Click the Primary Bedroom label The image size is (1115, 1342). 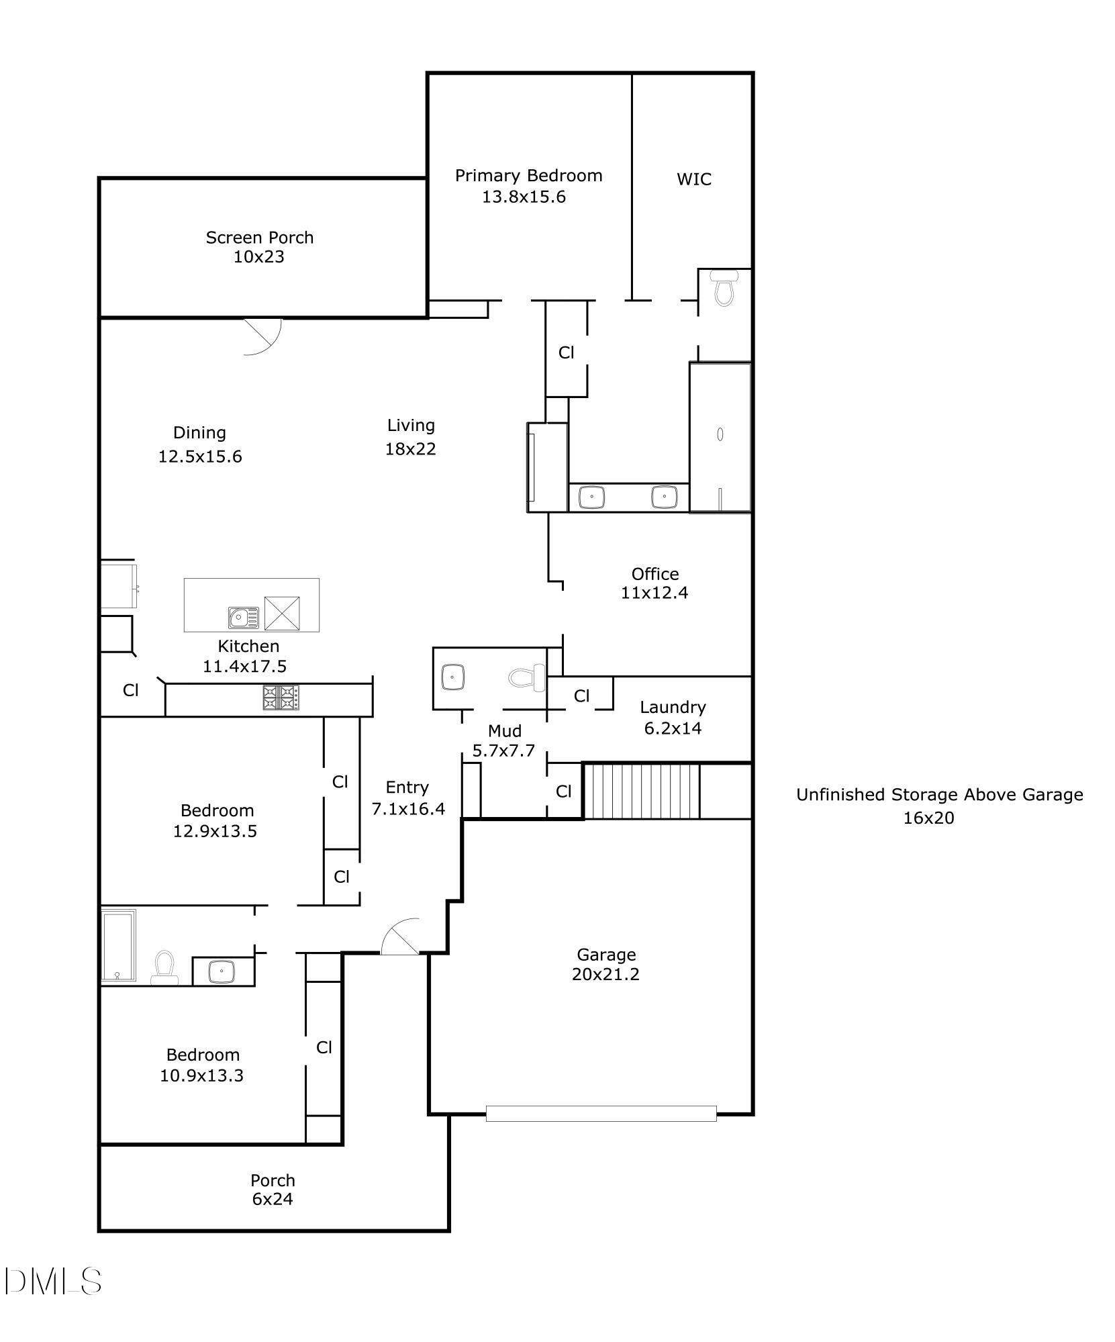(x=528, y=176)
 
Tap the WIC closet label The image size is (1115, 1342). (x=693, y=179)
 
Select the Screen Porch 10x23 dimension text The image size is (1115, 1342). (x=258, y=257)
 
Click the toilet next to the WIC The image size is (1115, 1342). (x=724, y=287)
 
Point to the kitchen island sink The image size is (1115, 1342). (x=243, y=617)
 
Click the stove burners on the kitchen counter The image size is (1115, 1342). (x=281, y=697)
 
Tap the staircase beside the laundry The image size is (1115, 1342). (x=641, y=791)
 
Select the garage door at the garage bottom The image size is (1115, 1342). (x=601, y=1113)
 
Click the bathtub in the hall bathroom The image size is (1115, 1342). (x=119, y=947)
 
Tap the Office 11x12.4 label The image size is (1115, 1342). (x=655, y=583)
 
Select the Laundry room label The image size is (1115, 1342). (x=672, y=707)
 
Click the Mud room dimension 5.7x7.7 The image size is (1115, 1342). (x=503, y=751)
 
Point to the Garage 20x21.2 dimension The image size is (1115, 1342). (x=605, y=974)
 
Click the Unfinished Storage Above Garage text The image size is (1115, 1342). (x=939, y=795)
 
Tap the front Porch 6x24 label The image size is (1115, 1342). (x=273, y=1189)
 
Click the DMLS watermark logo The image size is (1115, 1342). (x=52, y=1281)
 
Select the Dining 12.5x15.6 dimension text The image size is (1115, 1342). (x=200, y=457)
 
